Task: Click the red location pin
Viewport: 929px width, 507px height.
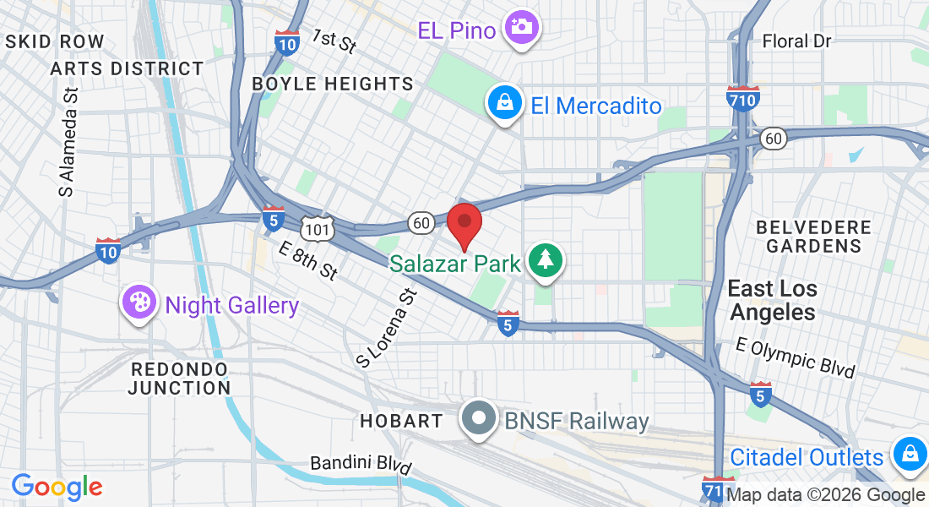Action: click(464, 222)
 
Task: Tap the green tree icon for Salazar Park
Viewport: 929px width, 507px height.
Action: click(546, 259)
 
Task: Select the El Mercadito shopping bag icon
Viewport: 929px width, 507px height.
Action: click(504, 104)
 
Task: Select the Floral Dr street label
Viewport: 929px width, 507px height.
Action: click(796, 41)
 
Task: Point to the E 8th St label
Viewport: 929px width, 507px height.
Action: click(308, 260)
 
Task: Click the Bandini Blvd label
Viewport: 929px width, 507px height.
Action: click(361, 464)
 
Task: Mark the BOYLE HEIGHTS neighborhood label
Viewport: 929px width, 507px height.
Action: click(333, 84)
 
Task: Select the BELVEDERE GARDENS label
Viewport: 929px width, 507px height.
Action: click(813, 237)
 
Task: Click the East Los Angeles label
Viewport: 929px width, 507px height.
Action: click(773, 300)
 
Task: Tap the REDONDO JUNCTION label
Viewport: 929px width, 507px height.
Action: click(179, 379)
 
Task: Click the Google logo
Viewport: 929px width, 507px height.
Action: click(57, 486)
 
